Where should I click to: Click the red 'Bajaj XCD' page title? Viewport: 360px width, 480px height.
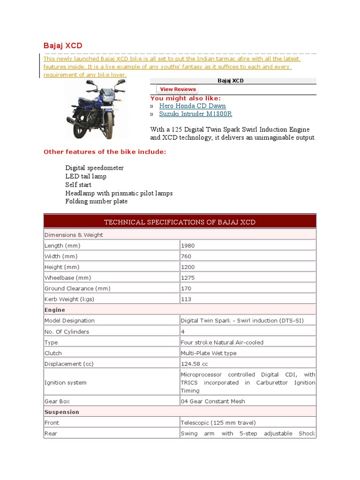pos(63,45)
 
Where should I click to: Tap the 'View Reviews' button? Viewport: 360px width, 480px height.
pos(178,89)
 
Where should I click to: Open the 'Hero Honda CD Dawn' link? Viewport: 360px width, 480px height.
pos(192,106)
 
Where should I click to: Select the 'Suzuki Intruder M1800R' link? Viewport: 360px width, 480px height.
pos(195,114)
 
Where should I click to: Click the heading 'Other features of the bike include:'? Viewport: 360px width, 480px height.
pos(105,152)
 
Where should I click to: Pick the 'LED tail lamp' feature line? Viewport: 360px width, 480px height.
pos(86,176)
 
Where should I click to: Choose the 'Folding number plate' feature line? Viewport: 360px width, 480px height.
pos(96,202)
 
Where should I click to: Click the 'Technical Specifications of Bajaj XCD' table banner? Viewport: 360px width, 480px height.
pos(180,222)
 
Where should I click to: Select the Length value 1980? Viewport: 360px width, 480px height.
pos(188,246)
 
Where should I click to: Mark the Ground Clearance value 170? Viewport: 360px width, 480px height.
pos(186,289)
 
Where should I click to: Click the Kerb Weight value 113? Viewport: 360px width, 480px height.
pos(186,300)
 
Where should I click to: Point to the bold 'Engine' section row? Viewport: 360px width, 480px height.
pos(55,310)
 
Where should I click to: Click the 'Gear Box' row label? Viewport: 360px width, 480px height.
pos(57,402)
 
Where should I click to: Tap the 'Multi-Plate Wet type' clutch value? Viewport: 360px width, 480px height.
pos(209,353)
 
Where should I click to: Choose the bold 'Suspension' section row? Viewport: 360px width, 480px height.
pos(61,412)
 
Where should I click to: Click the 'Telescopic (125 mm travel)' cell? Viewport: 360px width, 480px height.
pos(218,423)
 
